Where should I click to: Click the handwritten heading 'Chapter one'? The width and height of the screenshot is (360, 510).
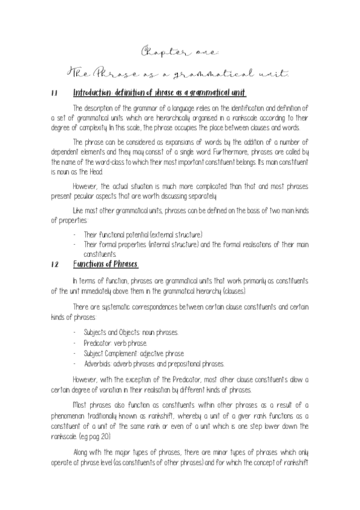(180, 52)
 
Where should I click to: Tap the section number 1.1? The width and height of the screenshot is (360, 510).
(54, 93)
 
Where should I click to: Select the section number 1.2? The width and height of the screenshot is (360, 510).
(54, 264)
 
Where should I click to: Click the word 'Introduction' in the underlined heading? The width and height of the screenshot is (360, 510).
(92, 93)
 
